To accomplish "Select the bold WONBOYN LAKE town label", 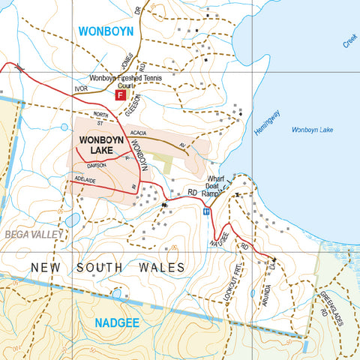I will pyautogui.click(x=103, y=145).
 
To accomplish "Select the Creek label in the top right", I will pyautogui.click(x=350, y=41).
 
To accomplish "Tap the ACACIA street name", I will pyautogui.click(x=137, y=133).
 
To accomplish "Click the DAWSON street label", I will pyautogui.click(x=97, y=165).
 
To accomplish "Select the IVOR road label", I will pyautogui.click(x=82, y=89).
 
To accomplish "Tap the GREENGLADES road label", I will pyautogui.click(x=331, y=308).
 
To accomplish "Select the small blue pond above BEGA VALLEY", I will pyautogui.click(x=72, y=220).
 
